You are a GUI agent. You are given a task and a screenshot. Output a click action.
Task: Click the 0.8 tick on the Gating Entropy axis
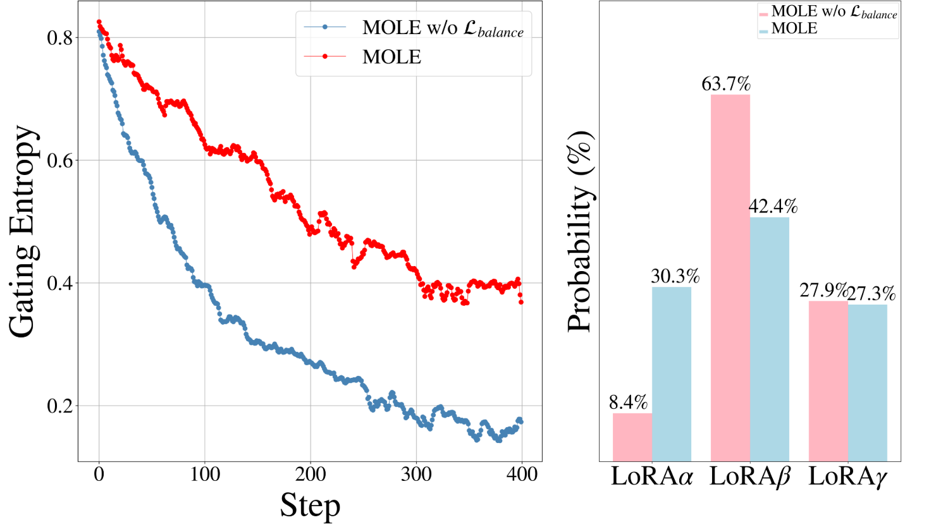click(61, 38)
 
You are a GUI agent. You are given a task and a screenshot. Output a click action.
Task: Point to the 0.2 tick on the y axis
click(61, 406)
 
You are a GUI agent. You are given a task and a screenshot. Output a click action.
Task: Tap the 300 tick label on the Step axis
click(416, 474)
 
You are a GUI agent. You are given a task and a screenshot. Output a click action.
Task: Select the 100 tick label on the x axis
click(205, 474)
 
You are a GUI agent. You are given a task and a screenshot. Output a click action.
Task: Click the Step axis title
click(310, 505)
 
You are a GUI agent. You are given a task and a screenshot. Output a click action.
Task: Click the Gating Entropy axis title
click(23, 231)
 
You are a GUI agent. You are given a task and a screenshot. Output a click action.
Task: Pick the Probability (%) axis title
click(579, 231)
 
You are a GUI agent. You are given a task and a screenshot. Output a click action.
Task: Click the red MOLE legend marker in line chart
click(325, 57)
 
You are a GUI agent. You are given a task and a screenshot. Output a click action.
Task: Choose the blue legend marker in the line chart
click(325, 27)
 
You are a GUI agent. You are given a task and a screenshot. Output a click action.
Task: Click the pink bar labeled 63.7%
click(730, 278)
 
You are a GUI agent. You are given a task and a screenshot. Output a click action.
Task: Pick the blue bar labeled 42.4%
click(770, 339)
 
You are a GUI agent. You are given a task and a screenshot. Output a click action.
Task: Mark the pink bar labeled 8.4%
click(632, 437)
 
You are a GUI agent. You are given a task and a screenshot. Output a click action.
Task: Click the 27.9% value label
click(823, 290)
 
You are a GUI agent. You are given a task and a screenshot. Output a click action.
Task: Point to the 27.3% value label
click(872, 294)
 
